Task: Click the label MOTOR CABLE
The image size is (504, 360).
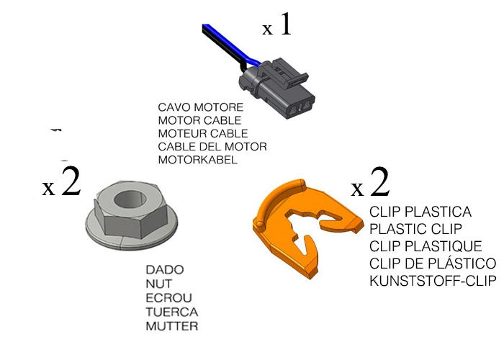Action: pos(199,121)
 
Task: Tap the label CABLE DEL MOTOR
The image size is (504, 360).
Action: pos(212,147)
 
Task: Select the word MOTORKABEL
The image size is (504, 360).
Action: pos(197,160)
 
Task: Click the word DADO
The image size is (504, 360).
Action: pos(164,270)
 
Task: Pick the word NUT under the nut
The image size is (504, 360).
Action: pos(158,284)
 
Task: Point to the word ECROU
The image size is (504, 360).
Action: pos(168,298)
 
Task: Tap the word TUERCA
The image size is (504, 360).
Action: pos(171,312)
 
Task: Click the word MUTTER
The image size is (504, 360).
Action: pos(171,326)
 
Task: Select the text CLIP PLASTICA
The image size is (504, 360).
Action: pos(420,212)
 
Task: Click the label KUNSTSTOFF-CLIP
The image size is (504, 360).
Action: pos(432,281)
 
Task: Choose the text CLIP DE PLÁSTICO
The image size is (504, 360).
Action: pos(432,264)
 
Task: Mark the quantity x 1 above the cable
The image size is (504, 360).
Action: pos(277,27)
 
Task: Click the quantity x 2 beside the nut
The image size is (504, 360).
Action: pos(61,184)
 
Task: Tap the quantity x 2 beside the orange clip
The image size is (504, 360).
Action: pos(370,184)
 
